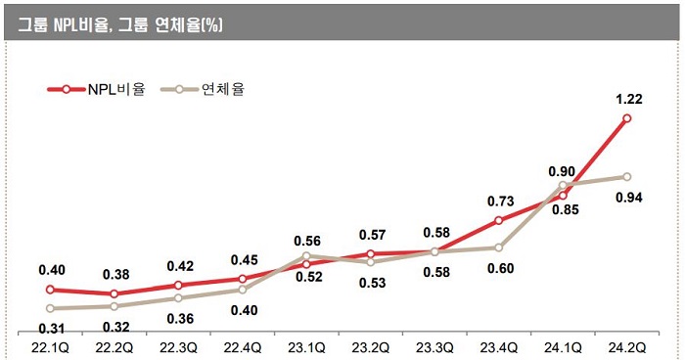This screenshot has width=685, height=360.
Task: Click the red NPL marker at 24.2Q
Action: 627,118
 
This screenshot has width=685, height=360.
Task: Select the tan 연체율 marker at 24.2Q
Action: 627,177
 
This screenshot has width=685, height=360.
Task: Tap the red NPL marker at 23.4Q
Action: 499,220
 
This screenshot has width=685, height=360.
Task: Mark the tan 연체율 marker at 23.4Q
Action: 499,247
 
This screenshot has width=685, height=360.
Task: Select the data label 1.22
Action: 627,99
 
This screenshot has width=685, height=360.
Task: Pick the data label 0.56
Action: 307,241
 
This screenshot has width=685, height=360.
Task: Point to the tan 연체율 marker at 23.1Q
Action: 306,256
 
